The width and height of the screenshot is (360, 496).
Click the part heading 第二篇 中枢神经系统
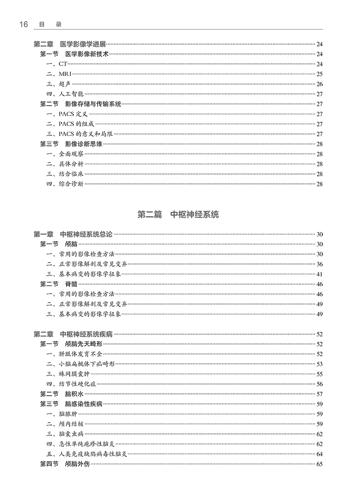click(x=178, y=214)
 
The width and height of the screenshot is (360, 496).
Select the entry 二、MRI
click(x=59, y=74)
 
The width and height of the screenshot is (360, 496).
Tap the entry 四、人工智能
click(x=65, y=94)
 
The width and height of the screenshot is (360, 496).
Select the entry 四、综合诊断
click(x=65, y=183)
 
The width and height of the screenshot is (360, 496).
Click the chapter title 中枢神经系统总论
click(x=86, y=234)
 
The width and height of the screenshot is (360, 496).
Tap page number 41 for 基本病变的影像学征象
click(x=319, y=274)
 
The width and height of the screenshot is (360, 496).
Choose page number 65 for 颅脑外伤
click(x=319, y=464)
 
